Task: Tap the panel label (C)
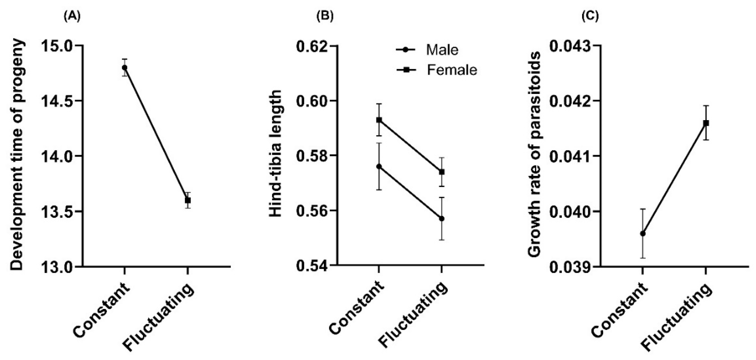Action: tap(590, 17)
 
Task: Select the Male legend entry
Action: tap(442, 50)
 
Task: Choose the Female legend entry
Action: tap(451, 70)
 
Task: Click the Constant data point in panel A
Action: tap(125, 67)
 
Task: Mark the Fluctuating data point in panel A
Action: tap(188, 200)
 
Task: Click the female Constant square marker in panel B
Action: tap(379, 120)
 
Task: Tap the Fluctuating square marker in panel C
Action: tap(706, 123)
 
